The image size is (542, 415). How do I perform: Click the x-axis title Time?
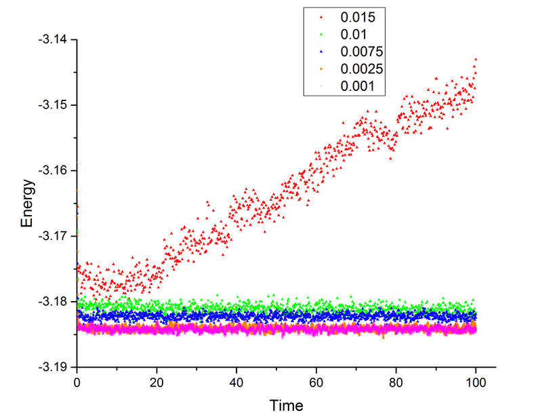click(286, 406)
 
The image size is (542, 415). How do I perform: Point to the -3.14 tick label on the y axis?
click(54, 39)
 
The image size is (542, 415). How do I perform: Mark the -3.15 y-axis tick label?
click(54, 105)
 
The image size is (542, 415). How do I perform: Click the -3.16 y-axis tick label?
click(54, 170)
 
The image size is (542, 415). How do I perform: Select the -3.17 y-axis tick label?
click(54, 236)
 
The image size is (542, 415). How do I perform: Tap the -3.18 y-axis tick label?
click(54, 301)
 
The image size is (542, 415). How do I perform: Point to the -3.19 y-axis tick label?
click(54, 367)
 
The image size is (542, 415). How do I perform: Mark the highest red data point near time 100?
click(476, 59)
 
